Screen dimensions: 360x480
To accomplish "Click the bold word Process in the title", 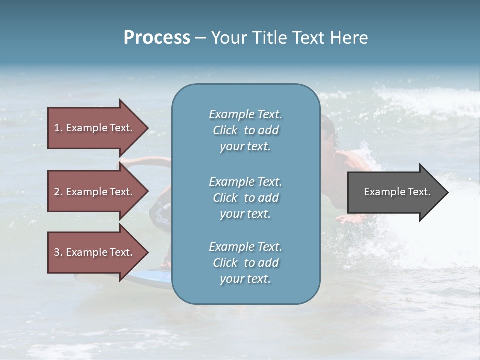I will click(157, 38).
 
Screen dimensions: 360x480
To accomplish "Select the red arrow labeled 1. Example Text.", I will click(95, 128).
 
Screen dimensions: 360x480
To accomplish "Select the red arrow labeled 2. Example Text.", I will click(95, 192).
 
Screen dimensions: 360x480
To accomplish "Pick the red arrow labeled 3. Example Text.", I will click(95, 252).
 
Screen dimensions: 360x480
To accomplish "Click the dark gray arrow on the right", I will click(395, 192).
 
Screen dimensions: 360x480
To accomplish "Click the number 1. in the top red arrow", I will click(58, 128).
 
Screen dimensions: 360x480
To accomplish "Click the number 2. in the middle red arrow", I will click(58, 192).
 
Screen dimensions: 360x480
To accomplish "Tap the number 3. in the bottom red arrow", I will click(58, 252).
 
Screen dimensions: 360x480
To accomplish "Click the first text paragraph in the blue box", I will click(245, 130).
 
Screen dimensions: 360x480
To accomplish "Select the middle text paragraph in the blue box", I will click(245, 198).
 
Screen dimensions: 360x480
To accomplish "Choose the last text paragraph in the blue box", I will click(245, 263).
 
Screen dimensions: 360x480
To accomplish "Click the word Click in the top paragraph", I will click(225, 130).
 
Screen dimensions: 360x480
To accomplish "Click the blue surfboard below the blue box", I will click(150, 277).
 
